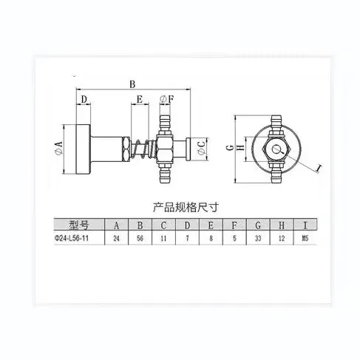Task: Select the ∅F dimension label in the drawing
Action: (167, 98)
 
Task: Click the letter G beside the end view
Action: (229, 147)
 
